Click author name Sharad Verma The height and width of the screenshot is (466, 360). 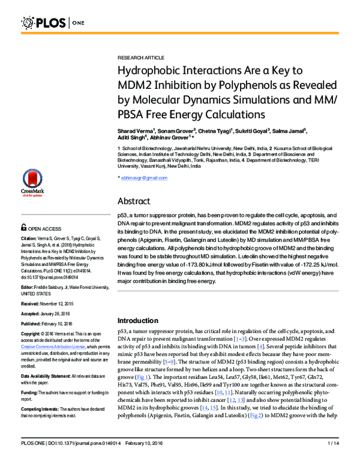pyautogui.click(x=136, y=130)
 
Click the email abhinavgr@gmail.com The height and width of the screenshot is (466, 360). pyautogui.click(x=144, y=178)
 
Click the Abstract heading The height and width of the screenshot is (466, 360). pyautogui.click(x=134, y=201)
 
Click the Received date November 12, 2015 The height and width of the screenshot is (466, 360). pyautogui.click(x=67, y=304)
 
